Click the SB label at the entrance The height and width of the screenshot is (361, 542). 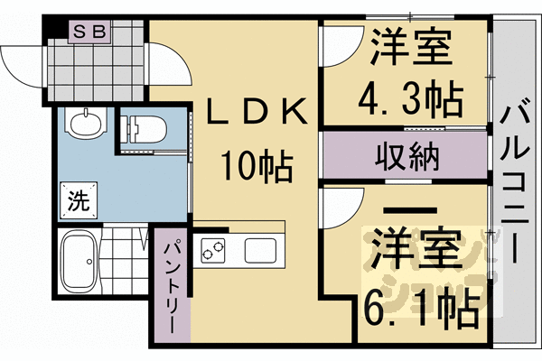point(89,31)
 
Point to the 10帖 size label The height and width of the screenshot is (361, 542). point(257,166)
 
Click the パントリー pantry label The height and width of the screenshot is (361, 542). point(172,285)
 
